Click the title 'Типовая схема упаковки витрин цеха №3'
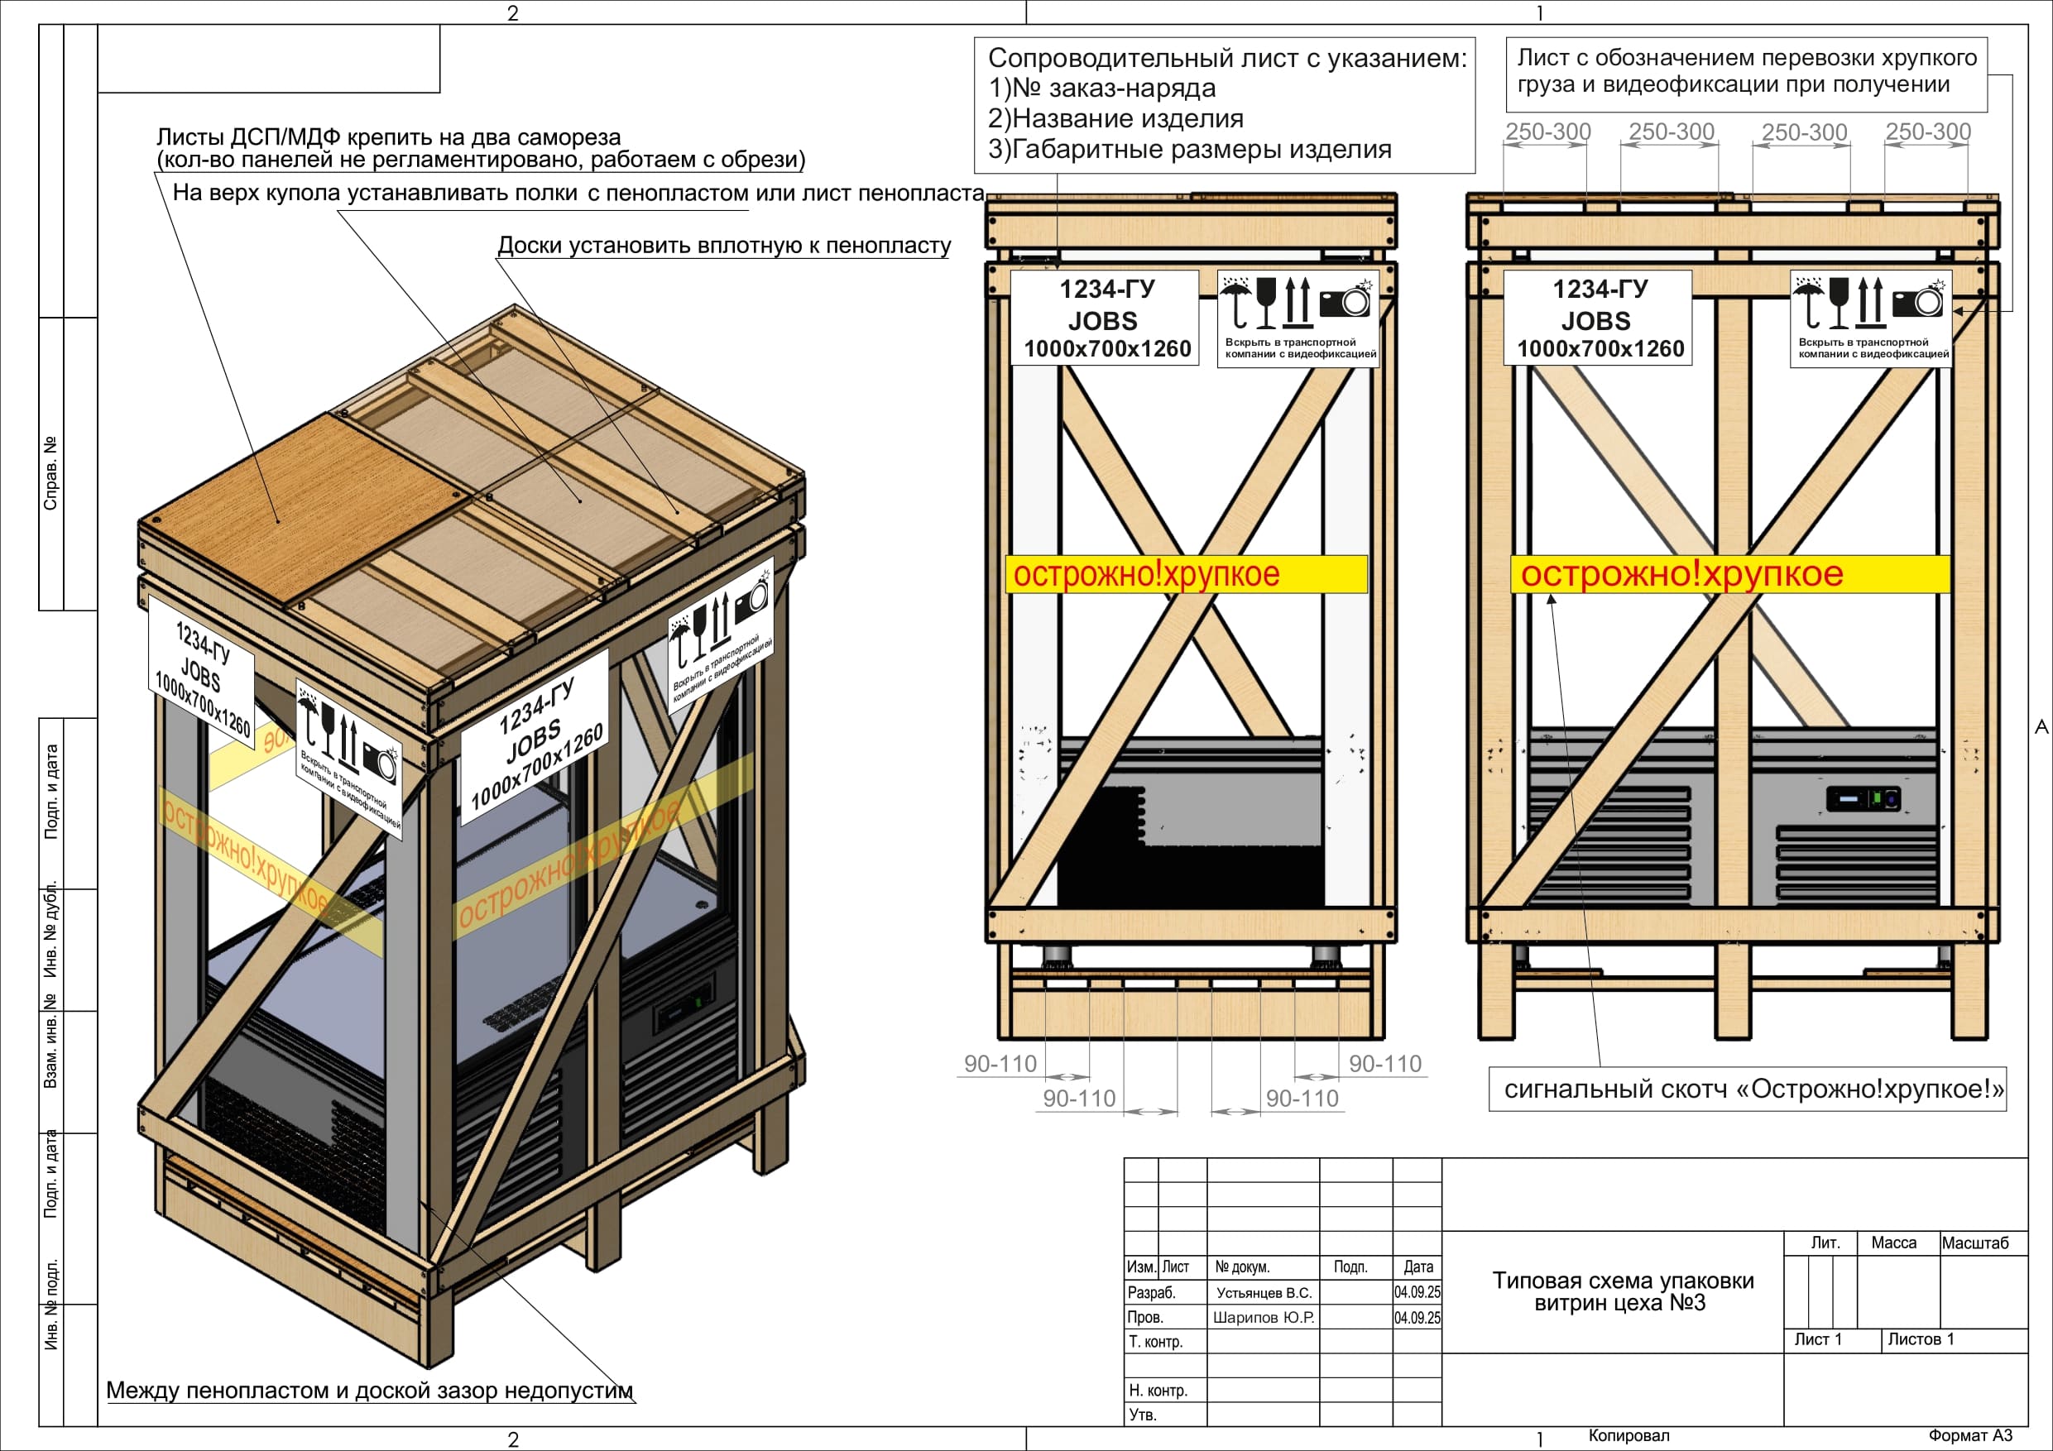[x=1622, y=1292]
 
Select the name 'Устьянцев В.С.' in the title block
[x=1264, y=1293]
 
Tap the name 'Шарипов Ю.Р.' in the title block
[x=1264, y=1318]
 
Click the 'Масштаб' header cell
[x=1974, y=1243]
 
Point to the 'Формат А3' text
[x=1970, y=1436]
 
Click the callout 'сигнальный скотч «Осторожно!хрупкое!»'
[x=1753, y=1089]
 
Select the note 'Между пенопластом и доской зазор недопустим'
[x=369, y=1391]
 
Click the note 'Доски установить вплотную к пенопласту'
[x=723, y=245]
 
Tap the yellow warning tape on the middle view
[x=1187, y=574]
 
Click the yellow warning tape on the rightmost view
[x=1729, y=574]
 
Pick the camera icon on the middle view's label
[x=1345, y=299]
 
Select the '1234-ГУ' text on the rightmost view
[x=1600, y=289]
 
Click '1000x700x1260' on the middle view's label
[x=1107, y=348]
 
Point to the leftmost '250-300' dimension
[x=1547, y=132]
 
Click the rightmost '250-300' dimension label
[x=1928, y=132]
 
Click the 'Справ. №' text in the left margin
[x=51, y=473]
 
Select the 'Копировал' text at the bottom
[x=1628, y=1436]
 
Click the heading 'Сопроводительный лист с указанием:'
[x=1227, y=59]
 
